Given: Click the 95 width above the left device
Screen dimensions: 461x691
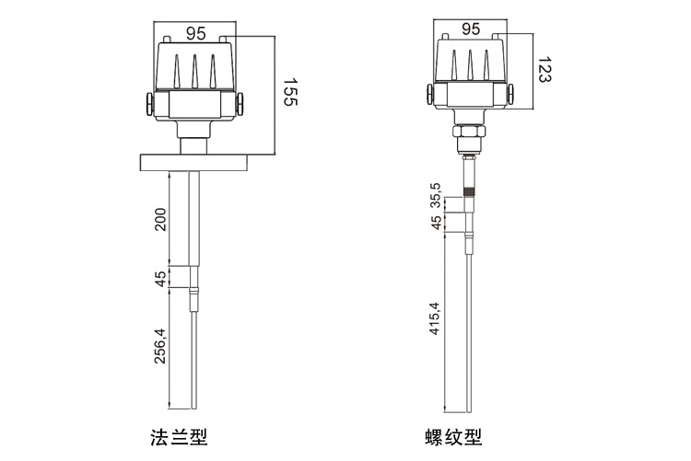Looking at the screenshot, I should coord(195,33).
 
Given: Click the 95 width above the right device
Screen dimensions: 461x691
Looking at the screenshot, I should coord(470,29).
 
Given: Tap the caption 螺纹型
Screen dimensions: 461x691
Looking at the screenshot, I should coord(458,435).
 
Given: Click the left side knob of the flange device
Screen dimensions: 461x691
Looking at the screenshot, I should coord(149,102).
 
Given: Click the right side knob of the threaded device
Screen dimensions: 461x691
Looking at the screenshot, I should coord(513,93).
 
